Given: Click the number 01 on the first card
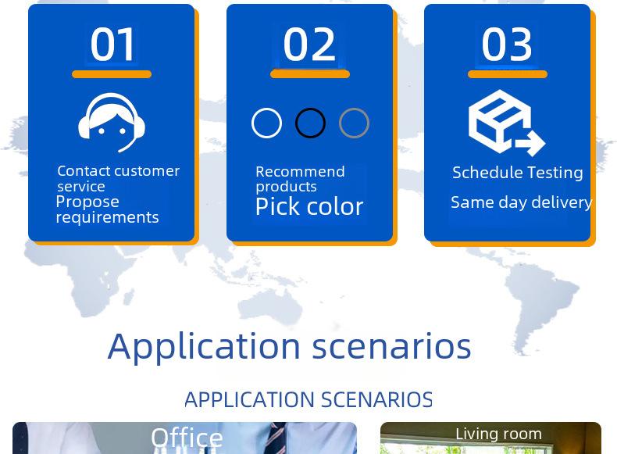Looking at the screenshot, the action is click(112, 44).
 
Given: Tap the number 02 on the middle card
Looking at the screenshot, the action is click(309, 44).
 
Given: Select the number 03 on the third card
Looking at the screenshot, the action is click(507, 44).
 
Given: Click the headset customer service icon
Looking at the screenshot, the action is click(112, 123).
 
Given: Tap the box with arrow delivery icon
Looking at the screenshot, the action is click(506, 123).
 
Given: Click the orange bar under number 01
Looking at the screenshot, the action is click(112, 74).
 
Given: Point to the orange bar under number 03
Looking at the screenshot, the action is click(508, 74).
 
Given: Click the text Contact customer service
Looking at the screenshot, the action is click(119, 178).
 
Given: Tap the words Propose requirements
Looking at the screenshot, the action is click(107, 209).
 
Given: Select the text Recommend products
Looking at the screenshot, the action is click(300, 179).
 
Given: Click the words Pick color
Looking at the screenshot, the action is click(309, 206).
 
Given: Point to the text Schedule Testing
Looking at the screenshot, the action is click(518, 173).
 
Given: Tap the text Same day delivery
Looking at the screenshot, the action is click(522, 202).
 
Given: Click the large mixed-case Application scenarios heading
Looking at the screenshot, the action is click(289, 347).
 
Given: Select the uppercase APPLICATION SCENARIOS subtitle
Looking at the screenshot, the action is click(308, 399).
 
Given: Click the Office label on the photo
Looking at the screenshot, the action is click(187, 438).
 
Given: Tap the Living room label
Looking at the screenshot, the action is click(498, 434).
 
